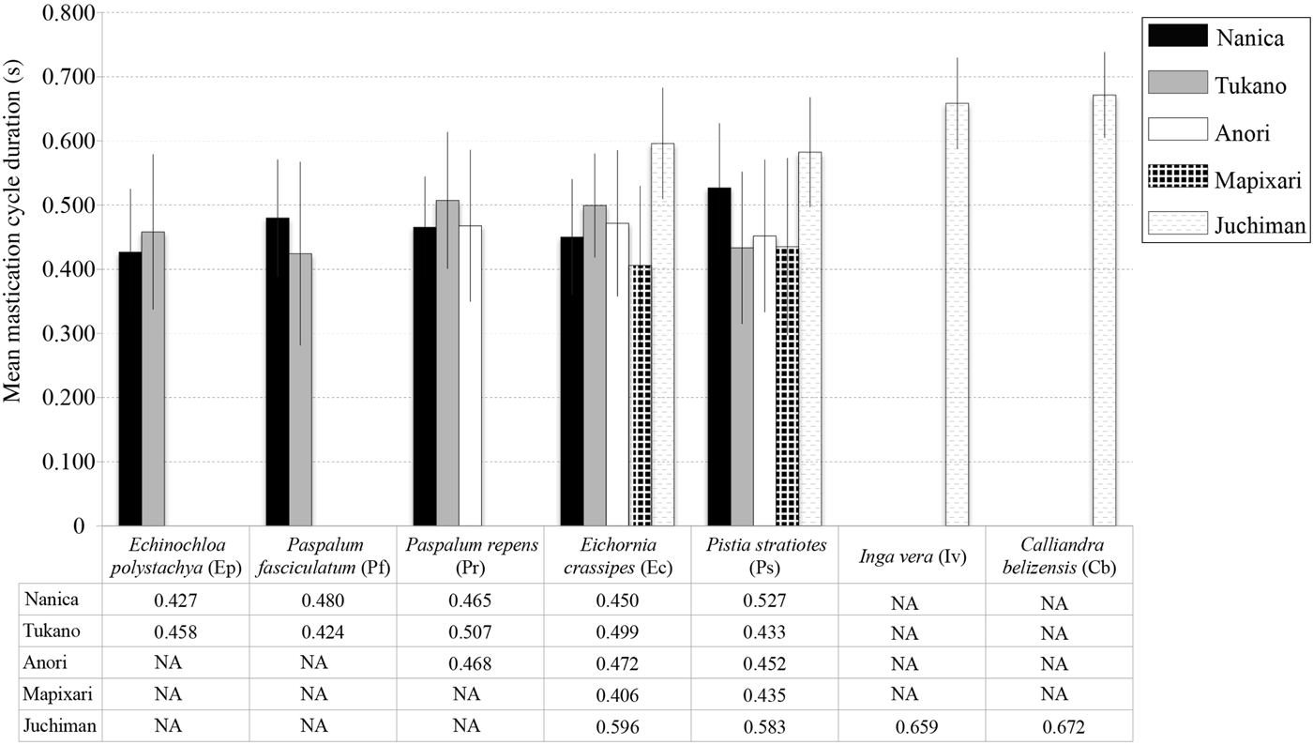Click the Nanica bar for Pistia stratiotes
(718, 357)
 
